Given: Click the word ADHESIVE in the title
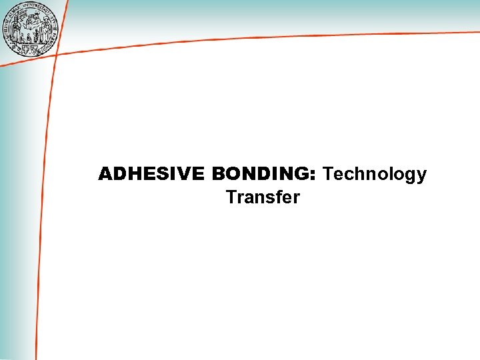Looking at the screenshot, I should click(x=151, y=175).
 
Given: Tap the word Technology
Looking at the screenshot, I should click(x=375, y=175).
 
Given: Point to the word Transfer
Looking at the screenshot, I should click(x=263, y=198).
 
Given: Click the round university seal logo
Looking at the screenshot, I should click(x=31, y=29).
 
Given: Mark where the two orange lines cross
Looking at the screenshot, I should click(x=55, y=55).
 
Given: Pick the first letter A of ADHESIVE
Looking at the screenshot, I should click(x=105, y=175).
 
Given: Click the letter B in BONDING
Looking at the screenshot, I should click(x=218, y=175).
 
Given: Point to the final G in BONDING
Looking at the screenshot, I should click(x=301, y=175).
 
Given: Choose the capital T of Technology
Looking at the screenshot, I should click(x=327, y=175).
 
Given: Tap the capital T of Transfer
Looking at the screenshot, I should click(x=231, y=198).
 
